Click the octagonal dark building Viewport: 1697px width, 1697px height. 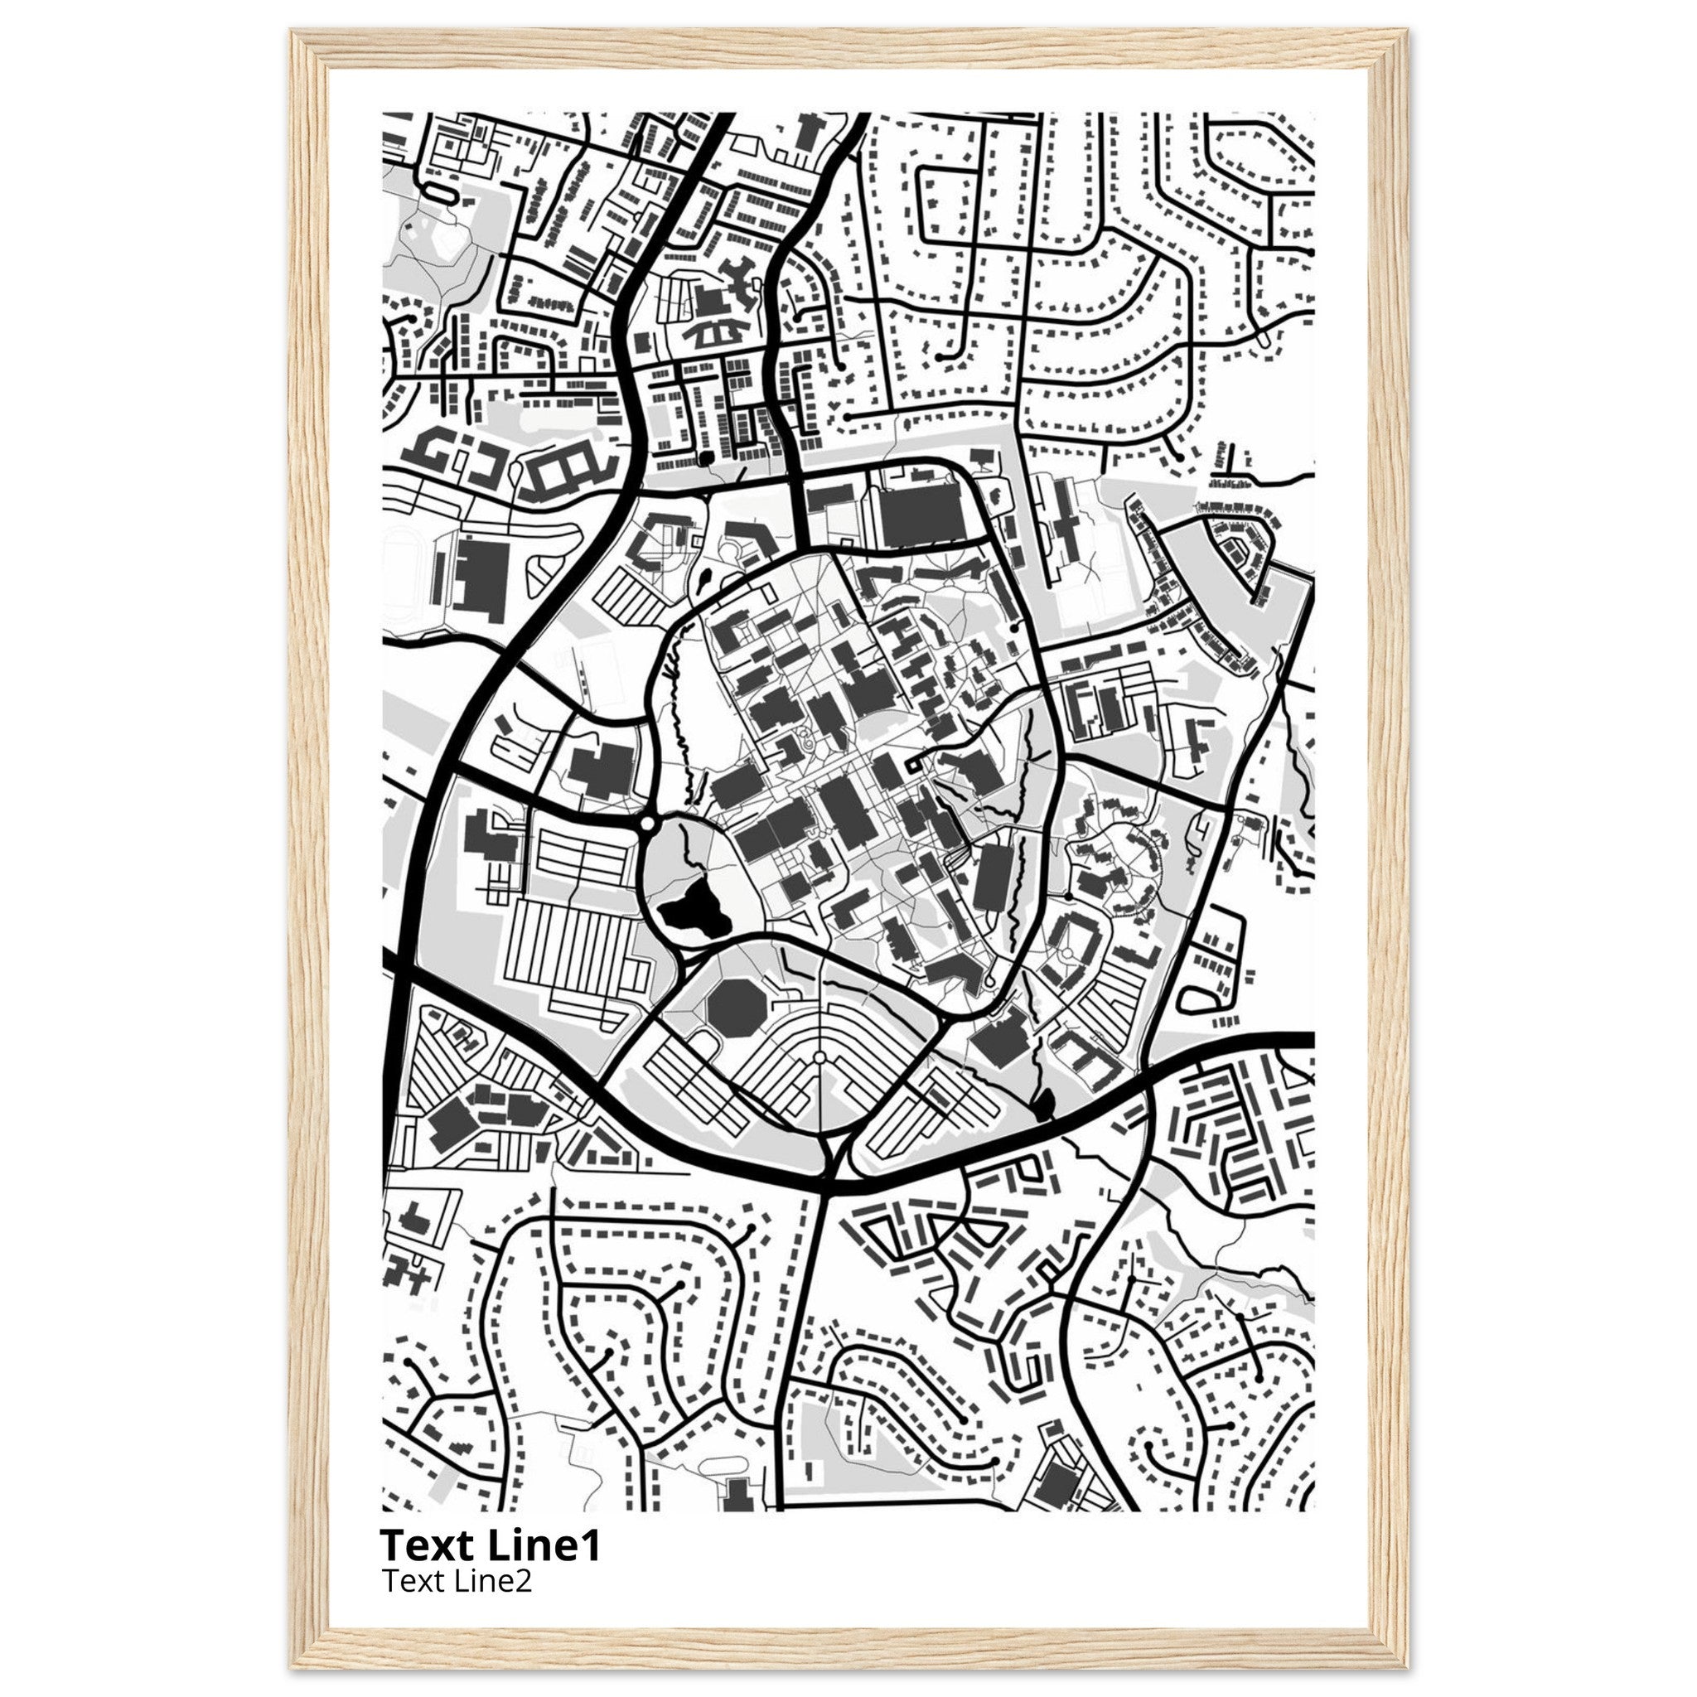click(734, 1008)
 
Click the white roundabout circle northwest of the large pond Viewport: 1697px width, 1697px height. click(648, 824)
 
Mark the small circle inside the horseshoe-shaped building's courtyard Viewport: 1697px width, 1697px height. click(1066, 953)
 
